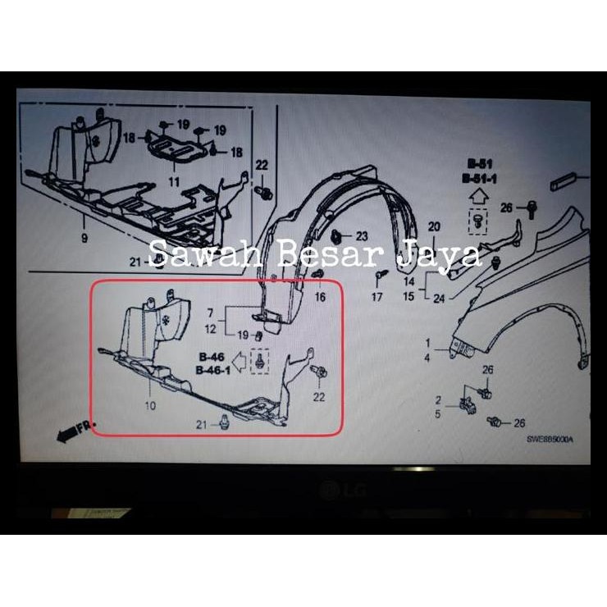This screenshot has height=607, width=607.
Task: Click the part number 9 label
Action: [x=84, y=239]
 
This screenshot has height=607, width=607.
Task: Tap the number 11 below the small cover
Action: [x=174, y=180]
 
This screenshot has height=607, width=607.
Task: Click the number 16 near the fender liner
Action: [x=320, y=297]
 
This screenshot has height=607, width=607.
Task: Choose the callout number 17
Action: [x=377, y=297]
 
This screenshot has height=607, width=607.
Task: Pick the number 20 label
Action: [x=435, y=226]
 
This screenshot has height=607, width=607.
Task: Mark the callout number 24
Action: [x=440, y=298]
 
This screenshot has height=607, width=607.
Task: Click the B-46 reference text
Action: [x=211, y=358]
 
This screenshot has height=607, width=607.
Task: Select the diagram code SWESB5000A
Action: [x=550, y=440]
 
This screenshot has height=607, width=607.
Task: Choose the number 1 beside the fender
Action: [x=427, y=341]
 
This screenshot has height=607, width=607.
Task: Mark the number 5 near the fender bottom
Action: [x=440, y=414]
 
